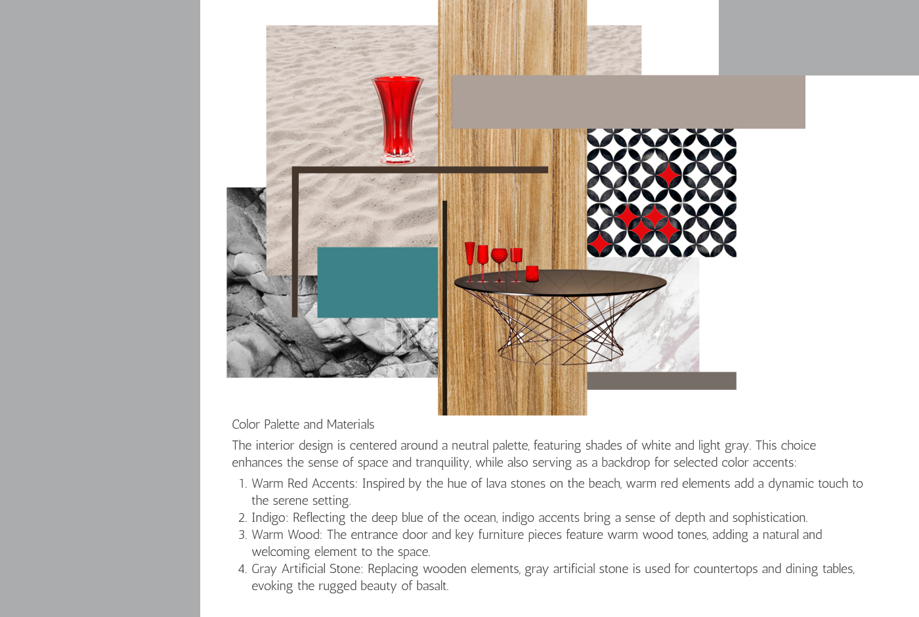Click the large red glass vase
coord(397,119)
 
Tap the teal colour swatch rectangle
coord(377,282)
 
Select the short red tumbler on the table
coord(532,274)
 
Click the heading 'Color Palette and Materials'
coord(303,424)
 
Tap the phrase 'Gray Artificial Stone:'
coord(307,569)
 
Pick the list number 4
coord(242,569)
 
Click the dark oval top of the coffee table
coord(561,282)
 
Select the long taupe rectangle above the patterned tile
coord(629,102)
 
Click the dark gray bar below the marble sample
coord(662,381)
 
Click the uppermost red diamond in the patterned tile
coord(669,175)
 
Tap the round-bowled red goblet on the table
coord(500,265)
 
